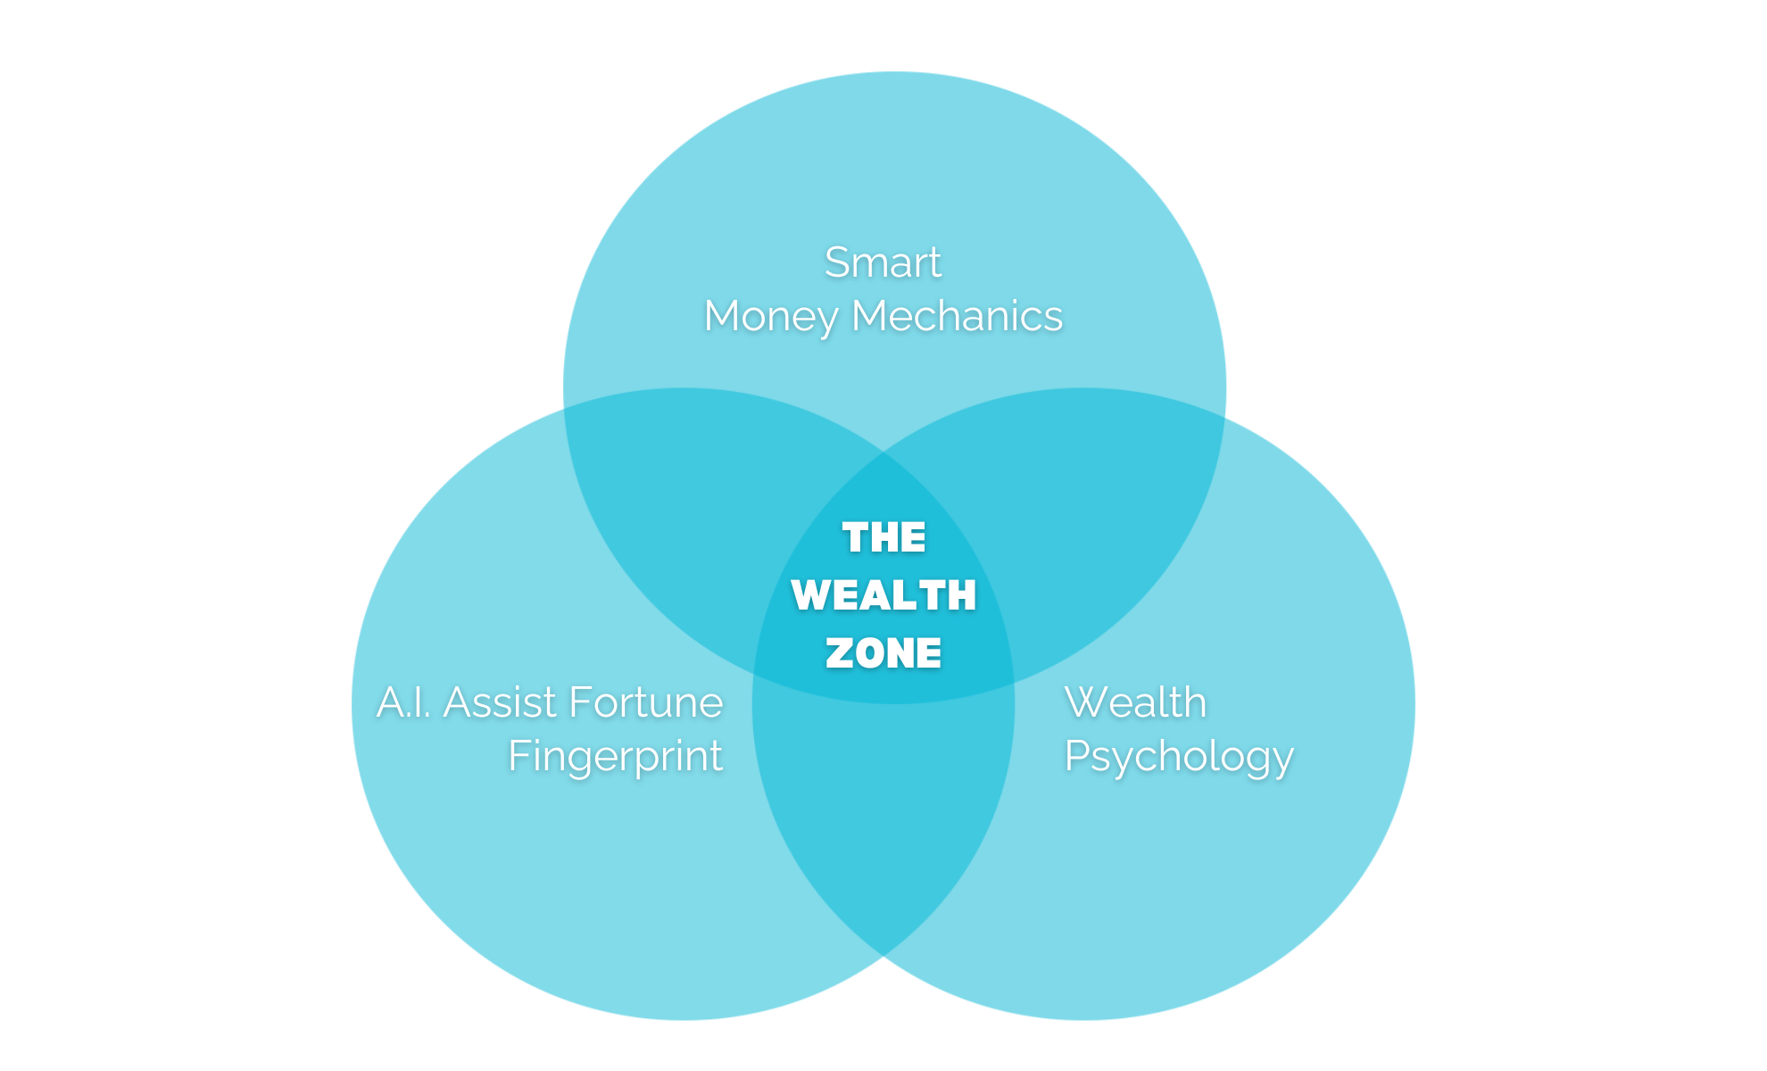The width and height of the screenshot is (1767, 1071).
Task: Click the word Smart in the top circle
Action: click(x=882, y=262)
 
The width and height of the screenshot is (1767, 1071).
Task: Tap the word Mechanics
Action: click(x=957, y=316)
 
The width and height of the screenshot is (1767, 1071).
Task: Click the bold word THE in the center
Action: click(x=883, y=537)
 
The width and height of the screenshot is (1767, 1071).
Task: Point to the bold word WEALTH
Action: click(x=883, y=595)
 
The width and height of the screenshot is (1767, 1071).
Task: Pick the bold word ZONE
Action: click(x=883, y=653)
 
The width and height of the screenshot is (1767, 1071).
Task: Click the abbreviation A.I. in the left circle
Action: click(x=404, y=702)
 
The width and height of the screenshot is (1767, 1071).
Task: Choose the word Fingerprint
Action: click(x=615, y=757)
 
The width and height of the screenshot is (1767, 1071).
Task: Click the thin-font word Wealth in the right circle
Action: click(x=1135, y=702)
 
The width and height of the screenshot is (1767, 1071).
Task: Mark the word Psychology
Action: click(x=1178, y=757)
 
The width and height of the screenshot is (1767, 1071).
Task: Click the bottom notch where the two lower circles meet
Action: click(x=883, y=959)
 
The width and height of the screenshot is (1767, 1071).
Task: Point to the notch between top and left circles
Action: click(x=563, y=409)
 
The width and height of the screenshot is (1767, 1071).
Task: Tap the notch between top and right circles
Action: click(x=1226, y=416)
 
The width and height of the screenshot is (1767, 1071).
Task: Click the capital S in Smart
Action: click(x=836, y=262)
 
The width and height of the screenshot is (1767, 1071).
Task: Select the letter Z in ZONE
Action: click(x=839, y=653)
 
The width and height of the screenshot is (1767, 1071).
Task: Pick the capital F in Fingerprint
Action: click(x=518, y=756)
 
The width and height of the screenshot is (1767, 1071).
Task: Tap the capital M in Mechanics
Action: click(x=870, y=316)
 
